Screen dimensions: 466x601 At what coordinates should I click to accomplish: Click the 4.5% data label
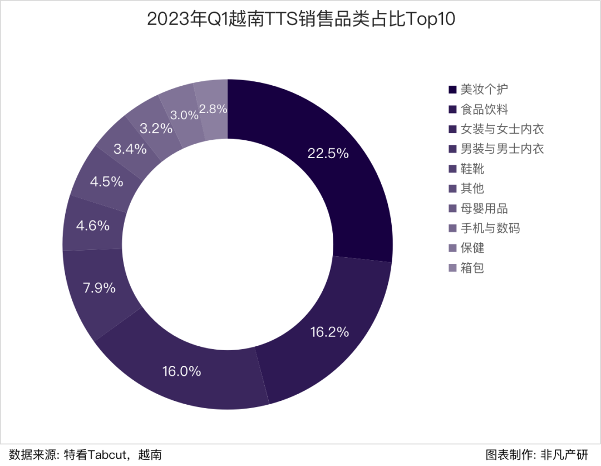[107, 182]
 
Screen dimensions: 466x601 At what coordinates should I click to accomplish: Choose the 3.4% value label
[130, 149]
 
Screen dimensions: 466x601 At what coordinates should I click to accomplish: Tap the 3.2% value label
[156, 129]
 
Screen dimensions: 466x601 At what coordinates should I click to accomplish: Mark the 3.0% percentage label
[184, 115]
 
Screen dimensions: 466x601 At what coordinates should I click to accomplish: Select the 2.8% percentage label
[213, 109]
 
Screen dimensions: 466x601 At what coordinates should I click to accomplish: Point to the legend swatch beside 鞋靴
[452, 169]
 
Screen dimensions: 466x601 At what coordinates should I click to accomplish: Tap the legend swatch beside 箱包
[452, 268]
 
